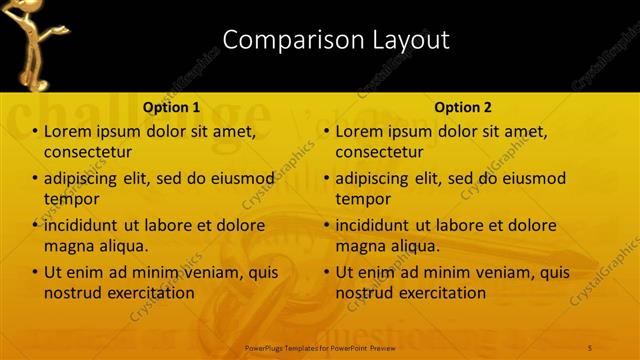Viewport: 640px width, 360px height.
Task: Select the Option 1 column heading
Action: tap(171, 106)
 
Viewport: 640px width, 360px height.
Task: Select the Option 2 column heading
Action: tap(462, 106)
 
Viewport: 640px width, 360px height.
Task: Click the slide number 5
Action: tap(591, 347)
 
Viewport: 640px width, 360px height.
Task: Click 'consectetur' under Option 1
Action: tap(88, 152)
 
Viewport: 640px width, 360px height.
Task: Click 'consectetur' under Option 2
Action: tap(379, 152)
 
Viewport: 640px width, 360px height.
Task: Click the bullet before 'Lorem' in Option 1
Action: tap(36, 132)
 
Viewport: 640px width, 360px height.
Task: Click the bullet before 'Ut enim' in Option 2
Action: tap(327, 272)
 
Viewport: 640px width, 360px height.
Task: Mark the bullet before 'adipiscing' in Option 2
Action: tap(327, 179)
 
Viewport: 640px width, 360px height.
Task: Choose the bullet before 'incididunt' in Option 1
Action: tap(36, 225)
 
